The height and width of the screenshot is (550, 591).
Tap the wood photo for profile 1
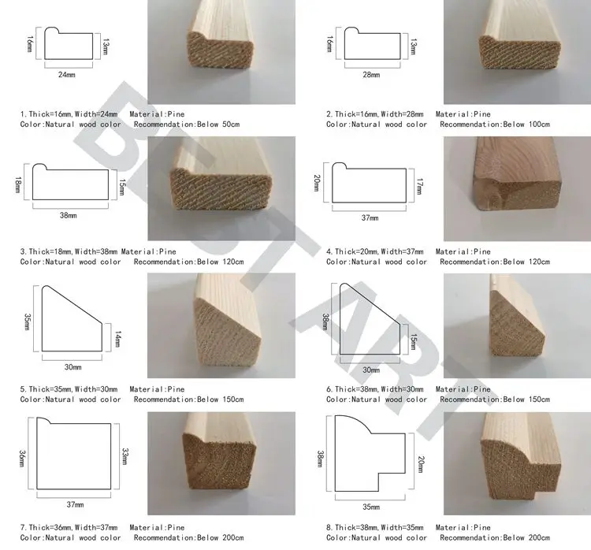click(x=221, y=53)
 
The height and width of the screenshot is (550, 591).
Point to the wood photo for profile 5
click(x=221, y=325)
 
